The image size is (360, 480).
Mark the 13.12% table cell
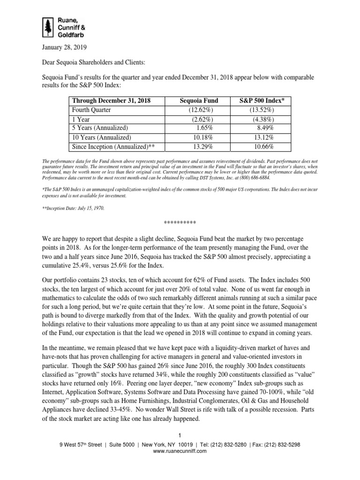coord(264,137)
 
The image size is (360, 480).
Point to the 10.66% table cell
coord(264,146)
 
